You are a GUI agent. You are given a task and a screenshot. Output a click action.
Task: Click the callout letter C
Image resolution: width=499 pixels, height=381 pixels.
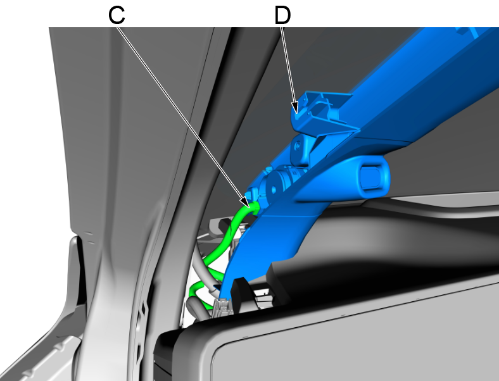117,15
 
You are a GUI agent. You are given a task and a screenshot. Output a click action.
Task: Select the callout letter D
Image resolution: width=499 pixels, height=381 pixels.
282,15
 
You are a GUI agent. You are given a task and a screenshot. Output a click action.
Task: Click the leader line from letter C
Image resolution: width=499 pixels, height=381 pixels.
182,116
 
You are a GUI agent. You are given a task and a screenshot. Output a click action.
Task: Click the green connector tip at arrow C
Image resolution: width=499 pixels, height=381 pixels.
255,207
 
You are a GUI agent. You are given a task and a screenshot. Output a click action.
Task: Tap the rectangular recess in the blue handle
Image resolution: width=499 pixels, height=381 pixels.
370,176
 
